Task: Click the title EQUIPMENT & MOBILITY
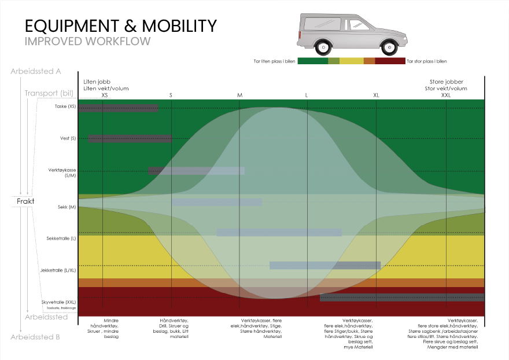[x=120, y=26]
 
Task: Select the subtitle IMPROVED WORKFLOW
[x=87, y=42]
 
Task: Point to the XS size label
[x=105, y=95]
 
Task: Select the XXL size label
[x=446, y=95]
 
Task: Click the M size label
[x=239, y=95]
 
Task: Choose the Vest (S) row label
[x=68, y=138]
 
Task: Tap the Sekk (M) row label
[x=67, y=207]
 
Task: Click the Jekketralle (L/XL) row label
[x=61, y=270]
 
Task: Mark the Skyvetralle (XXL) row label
[x=58, y=302]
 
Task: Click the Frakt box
[x=26, y=201]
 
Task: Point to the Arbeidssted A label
[x=36, y=72]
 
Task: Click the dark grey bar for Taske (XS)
[x=118, y=108]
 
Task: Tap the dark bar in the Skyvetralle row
[x=401, y=297]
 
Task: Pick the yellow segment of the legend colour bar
[x=351, y=61]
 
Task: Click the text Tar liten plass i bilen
[x=275, y=61]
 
